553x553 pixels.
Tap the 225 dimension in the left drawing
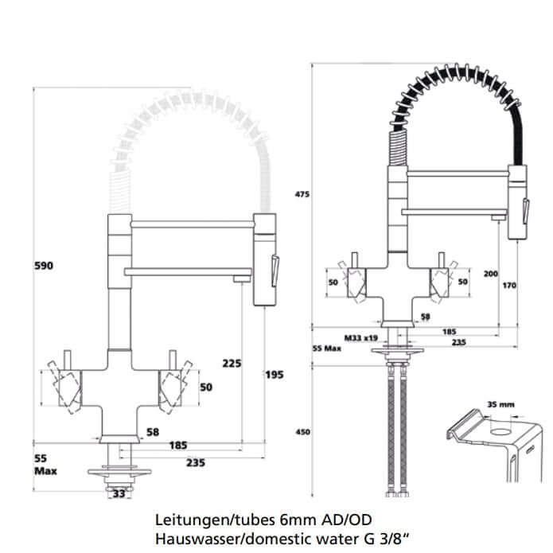coord(232,364)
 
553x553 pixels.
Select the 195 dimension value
coord(275,373)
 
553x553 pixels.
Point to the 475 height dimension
coord(302,194)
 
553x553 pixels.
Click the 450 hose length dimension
coord(302,432)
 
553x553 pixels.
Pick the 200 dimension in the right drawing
coord(490,274)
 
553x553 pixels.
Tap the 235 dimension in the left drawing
coord(196,462)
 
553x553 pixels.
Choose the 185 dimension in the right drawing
coord(449,329)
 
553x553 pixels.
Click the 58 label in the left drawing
coord(153,432)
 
